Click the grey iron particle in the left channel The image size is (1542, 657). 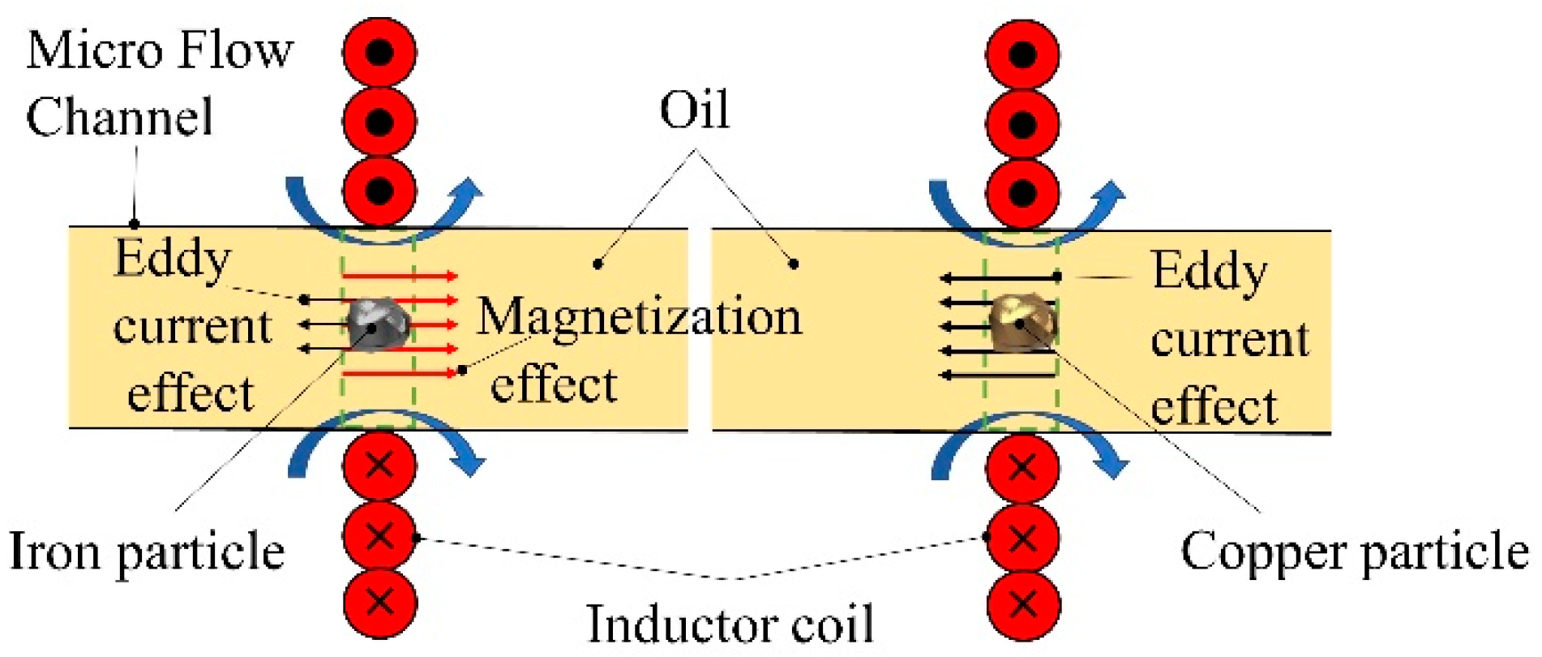(x=376, y=324)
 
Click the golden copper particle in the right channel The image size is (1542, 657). (x=1021, y=322)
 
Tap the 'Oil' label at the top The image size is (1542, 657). (x=694, y=110)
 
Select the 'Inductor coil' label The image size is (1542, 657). (x=729, y=625)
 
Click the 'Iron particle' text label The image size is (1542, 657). (x=147, y=552)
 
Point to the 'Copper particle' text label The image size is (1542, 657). (x=1353, y=552)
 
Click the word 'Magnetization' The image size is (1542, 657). (x=638, y=316)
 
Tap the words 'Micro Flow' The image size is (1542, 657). (x=160, y=50)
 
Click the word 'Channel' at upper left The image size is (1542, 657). (x=119, y=116)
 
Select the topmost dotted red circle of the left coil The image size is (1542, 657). (x=379, y=52)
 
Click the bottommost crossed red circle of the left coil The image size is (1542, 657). (x=379, y=603)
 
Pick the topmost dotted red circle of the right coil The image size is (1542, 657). (x=1022, y=54)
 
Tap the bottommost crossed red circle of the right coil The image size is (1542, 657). (x=1023, y=604)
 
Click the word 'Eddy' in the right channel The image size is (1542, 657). (x=1209, y=271)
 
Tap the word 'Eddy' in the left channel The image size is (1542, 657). (x=172, y=259)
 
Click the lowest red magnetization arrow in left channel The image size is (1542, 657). (x=400, y=372)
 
